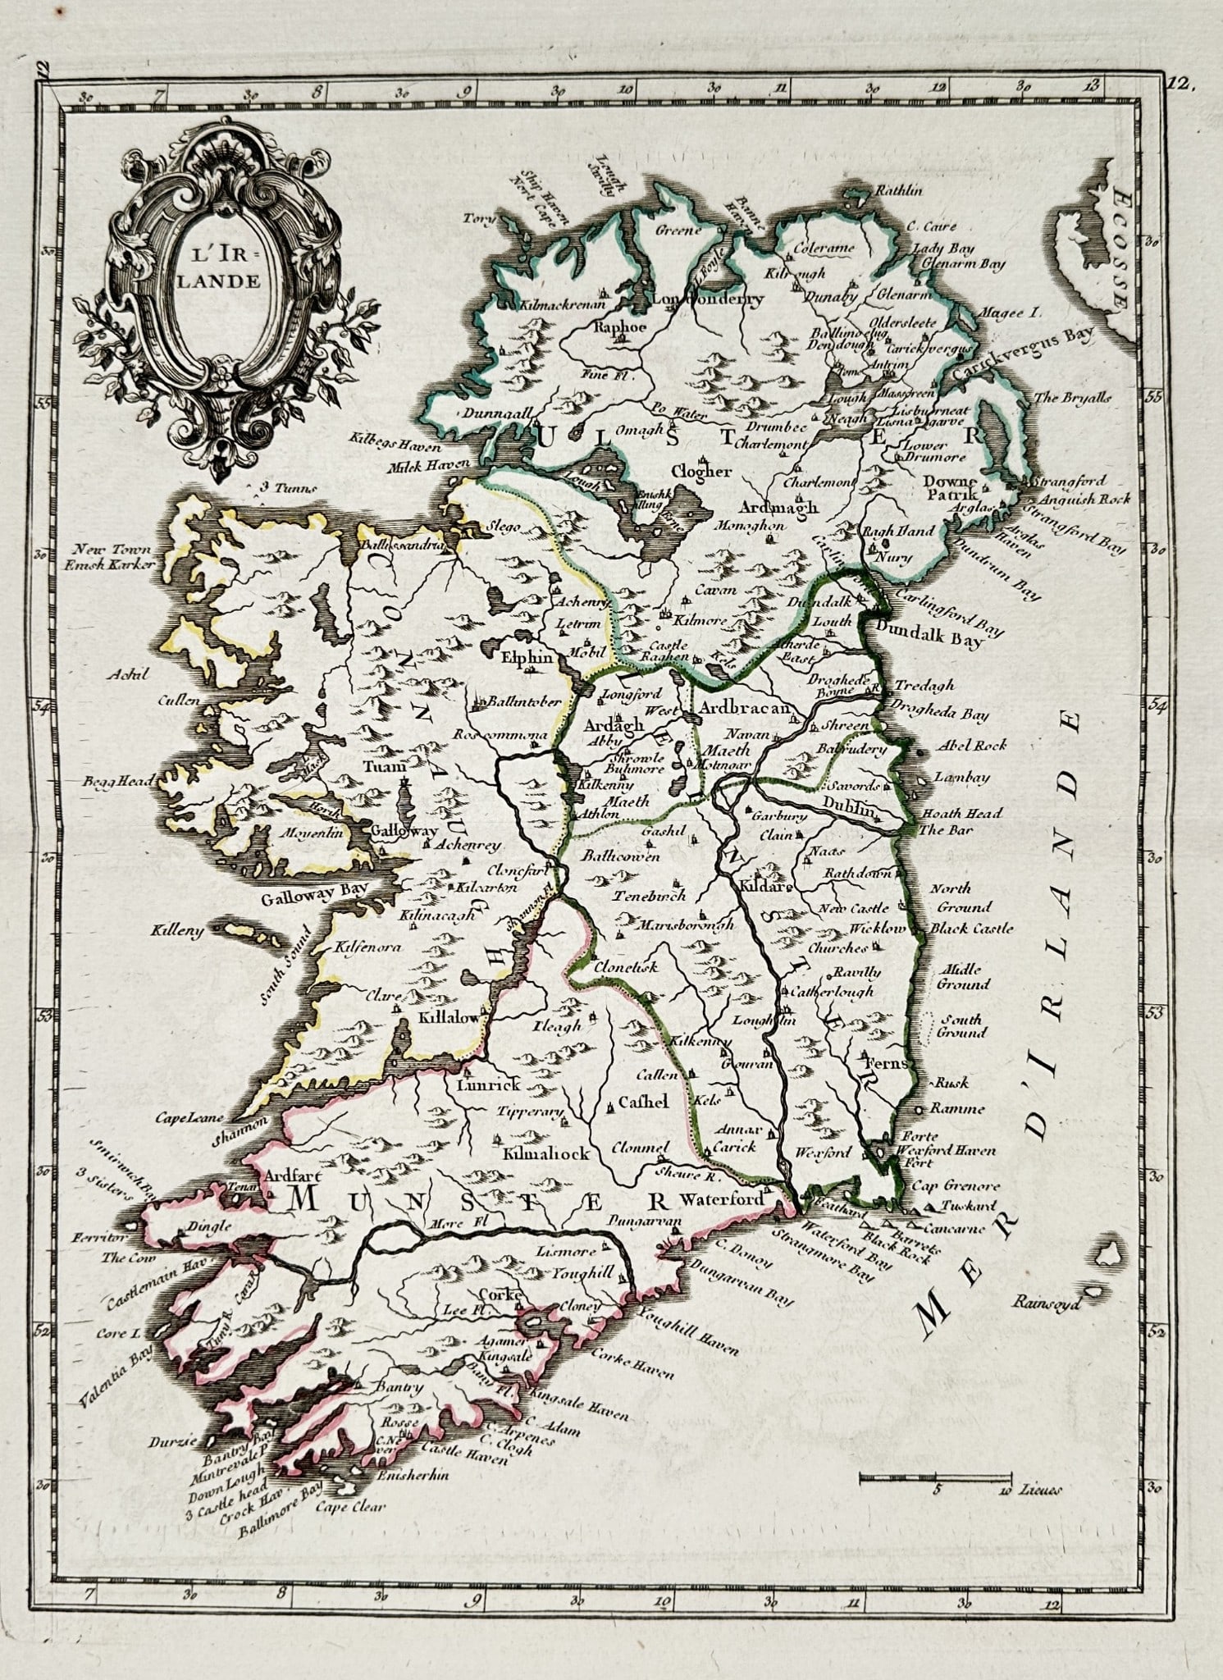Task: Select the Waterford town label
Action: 722,1199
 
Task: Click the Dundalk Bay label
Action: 929,636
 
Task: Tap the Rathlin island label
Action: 900,190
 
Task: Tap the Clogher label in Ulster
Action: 701,472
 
